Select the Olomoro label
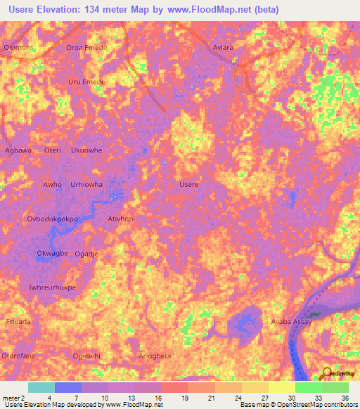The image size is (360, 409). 18,48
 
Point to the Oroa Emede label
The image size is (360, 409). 85,48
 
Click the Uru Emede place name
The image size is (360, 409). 86,82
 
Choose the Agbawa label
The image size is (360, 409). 18,150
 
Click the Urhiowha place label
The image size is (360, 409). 86,184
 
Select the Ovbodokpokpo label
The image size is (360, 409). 52,219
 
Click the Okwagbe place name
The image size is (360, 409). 52,253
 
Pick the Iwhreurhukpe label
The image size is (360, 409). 52,287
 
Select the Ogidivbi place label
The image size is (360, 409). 86,356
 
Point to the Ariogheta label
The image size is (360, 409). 155,356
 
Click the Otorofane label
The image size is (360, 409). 19,356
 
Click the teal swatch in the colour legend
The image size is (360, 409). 41,387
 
